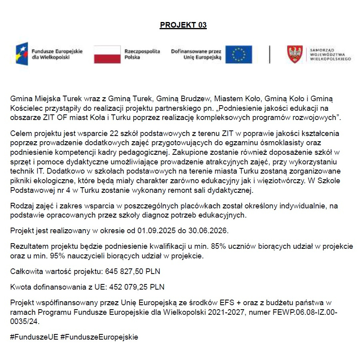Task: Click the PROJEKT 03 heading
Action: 183,25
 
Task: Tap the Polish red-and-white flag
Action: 107,54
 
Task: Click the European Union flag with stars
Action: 238,54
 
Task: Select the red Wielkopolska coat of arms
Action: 295,54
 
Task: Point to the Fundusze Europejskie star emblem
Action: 22,54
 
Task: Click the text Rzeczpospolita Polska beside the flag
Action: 142,54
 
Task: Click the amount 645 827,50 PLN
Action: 133,272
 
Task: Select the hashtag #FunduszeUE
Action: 34,337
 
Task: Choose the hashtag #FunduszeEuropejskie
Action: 99,337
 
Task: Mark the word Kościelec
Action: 26,108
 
